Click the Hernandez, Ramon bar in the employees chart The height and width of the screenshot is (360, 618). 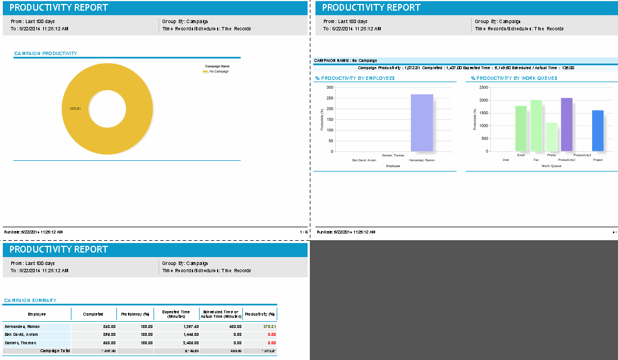click(422, 123)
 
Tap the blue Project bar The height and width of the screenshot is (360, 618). click(597, 130)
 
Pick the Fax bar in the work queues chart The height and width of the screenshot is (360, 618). click(536, 125)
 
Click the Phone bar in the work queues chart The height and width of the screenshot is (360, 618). click(551, 137)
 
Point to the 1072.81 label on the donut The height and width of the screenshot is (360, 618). click(75, 109)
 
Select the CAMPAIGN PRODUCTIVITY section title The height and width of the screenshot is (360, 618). click(46, 53)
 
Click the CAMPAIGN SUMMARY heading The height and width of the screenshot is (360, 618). click(30, 300)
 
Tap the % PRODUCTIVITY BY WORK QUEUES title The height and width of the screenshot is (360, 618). click(514, 78)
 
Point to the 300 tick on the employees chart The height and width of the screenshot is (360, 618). click(330, 88)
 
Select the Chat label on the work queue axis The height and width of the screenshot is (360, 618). click(506, 160)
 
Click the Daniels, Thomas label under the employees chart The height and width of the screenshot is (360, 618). click(393, 155)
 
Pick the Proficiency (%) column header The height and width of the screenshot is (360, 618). click(135, 314)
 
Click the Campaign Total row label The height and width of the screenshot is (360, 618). click(55, 350)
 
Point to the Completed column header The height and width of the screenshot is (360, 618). click(93, 314)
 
